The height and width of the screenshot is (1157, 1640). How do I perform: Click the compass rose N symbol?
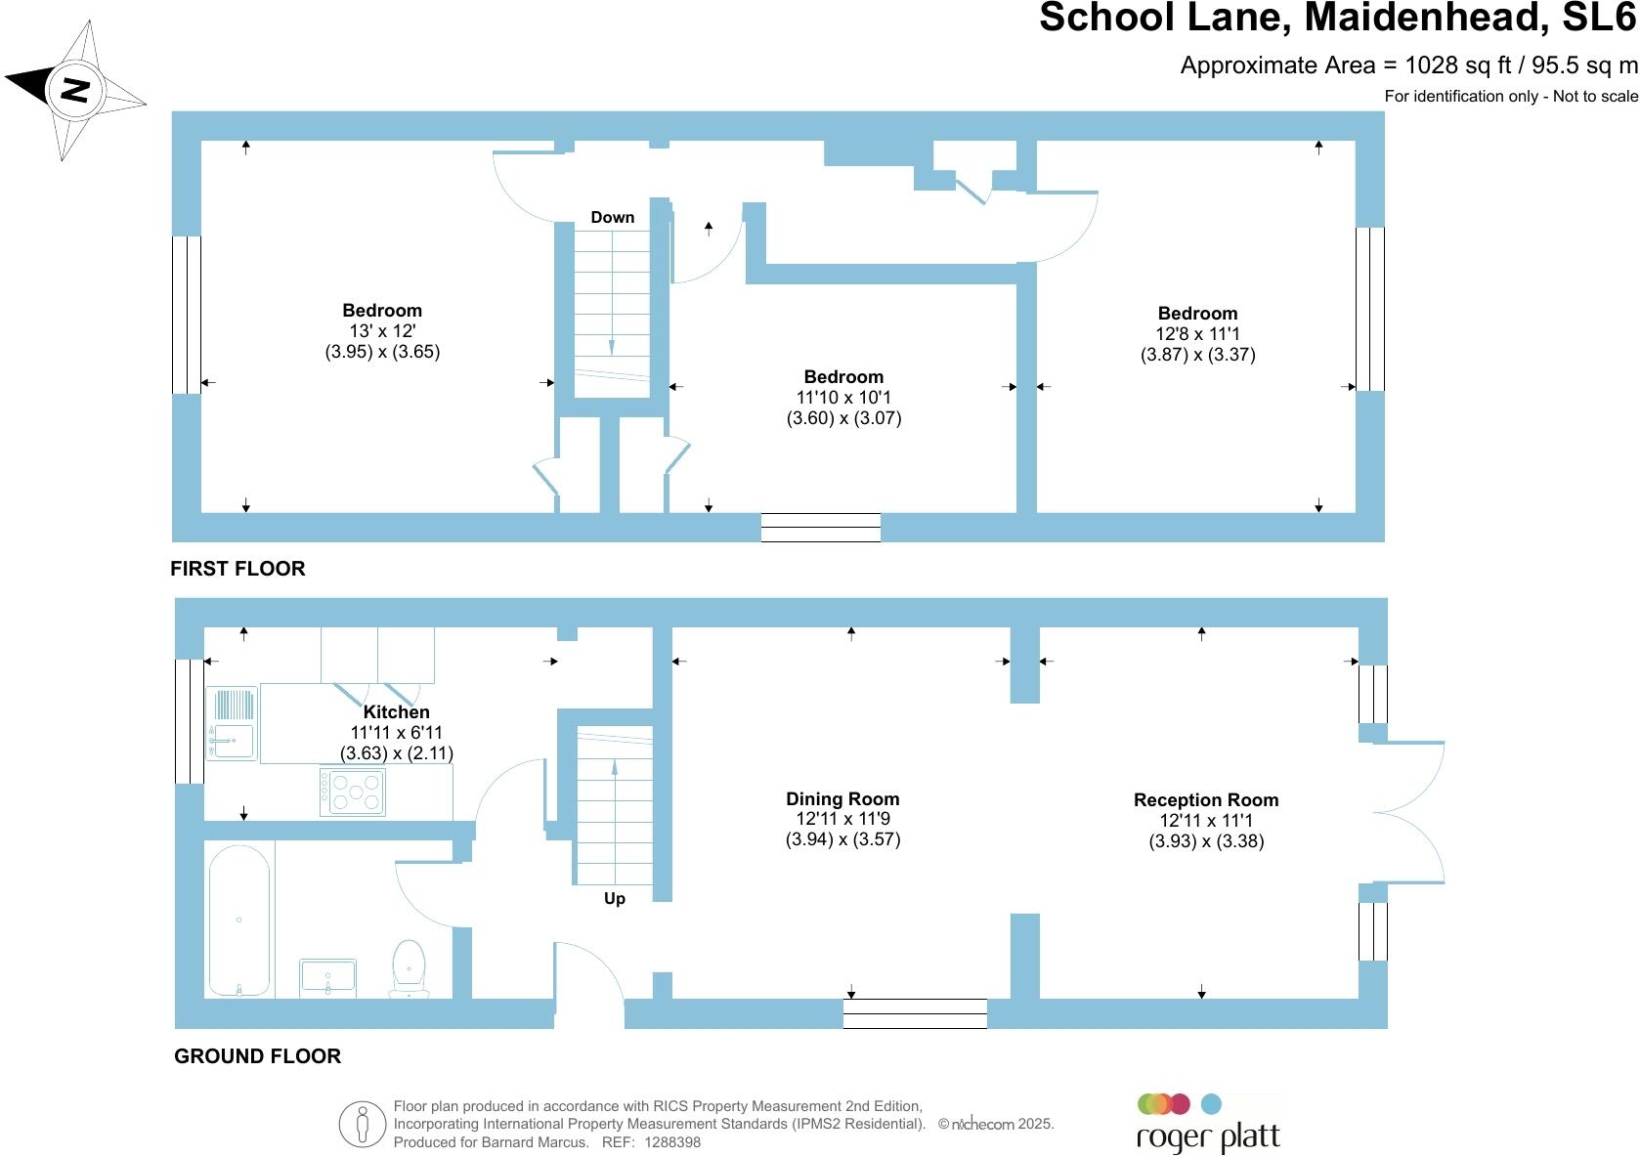pos(75,90)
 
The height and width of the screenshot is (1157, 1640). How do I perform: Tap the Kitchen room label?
pos(396,712)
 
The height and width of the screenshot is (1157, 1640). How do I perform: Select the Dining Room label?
pos(842,798)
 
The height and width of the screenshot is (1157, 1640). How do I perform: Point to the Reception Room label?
pos(1206,799)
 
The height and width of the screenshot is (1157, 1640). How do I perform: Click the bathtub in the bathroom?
pos(239,920)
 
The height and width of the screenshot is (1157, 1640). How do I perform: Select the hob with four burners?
pos(353,792)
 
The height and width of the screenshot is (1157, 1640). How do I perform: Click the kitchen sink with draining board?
pos(232,723)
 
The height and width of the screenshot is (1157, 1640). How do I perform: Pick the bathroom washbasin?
pos(327,977)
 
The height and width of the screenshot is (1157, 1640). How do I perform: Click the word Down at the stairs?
pos(613,217)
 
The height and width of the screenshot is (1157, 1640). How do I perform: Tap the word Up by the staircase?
pos(615,898)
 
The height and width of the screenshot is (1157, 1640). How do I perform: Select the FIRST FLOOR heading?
pos(237,569)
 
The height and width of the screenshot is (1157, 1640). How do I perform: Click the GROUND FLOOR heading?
pos(257,1056)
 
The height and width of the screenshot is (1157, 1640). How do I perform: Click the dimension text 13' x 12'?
pos(382,331)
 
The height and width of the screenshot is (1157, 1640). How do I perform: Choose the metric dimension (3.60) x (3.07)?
pos(843,418)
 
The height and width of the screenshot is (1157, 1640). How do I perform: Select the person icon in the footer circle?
pos(363,1124)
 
